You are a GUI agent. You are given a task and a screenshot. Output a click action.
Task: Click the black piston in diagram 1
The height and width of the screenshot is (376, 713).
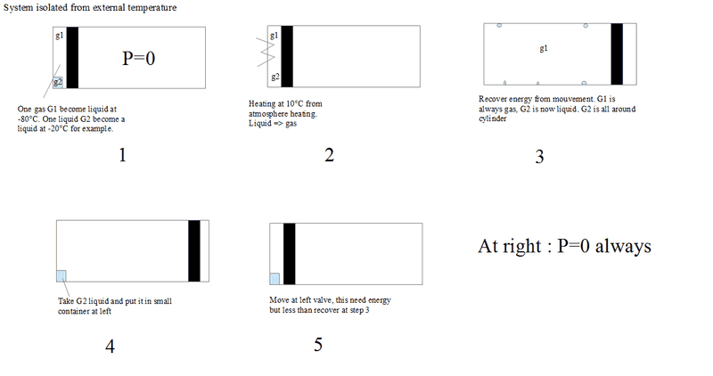[72, 57]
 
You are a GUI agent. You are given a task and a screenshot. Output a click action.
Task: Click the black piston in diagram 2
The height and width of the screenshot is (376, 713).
[287, 56]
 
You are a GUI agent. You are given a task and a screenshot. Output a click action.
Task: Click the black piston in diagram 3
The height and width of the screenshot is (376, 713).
[617, 54]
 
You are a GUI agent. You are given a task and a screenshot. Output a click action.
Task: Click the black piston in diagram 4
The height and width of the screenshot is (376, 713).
[194, 251]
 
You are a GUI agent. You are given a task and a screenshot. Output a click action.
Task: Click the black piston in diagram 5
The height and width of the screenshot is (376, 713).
[289, 254]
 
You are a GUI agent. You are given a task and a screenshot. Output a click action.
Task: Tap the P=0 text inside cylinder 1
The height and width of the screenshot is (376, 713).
[139, 58]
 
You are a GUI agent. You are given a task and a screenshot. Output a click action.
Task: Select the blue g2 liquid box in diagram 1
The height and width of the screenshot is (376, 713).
[58, 82]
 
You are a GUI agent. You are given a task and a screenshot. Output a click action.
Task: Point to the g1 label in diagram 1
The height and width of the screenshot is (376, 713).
[59, 35]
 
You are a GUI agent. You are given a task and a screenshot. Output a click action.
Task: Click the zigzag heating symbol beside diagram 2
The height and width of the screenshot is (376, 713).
[266, 52]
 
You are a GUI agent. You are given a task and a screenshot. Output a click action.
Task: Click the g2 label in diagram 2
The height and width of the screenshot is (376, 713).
[275, 77]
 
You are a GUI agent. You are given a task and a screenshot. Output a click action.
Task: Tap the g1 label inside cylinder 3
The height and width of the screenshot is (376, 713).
[544, 48]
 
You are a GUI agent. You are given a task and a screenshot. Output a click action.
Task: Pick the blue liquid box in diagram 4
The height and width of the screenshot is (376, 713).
[61, 276]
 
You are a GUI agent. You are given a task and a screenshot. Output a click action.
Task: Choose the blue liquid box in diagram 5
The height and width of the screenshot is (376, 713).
[275, 279]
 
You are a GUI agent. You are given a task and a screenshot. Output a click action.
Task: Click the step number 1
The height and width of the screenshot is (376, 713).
[122, 156]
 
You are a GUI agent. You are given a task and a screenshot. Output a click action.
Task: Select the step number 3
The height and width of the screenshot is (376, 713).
[539, 157]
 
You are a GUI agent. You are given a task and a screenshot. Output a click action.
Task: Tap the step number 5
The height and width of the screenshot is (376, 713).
[318, 345]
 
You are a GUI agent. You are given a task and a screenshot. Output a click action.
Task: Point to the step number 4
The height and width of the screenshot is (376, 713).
[110, 347]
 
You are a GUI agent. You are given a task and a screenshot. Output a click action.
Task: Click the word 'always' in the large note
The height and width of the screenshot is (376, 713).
[623, 247]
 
